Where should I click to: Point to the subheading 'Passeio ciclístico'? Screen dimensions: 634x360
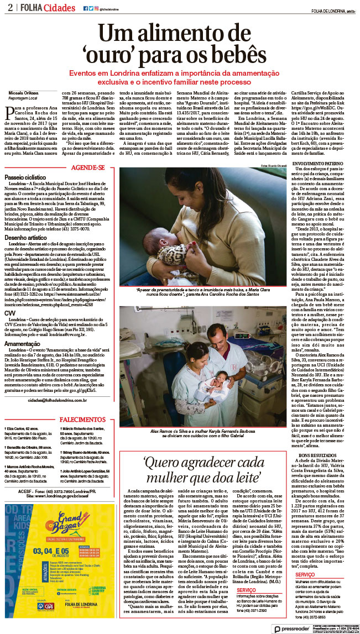click(26, 178)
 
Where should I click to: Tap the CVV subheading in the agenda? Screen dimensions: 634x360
click(11, 313)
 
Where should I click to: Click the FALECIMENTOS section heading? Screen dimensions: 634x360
click(83, 404)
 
